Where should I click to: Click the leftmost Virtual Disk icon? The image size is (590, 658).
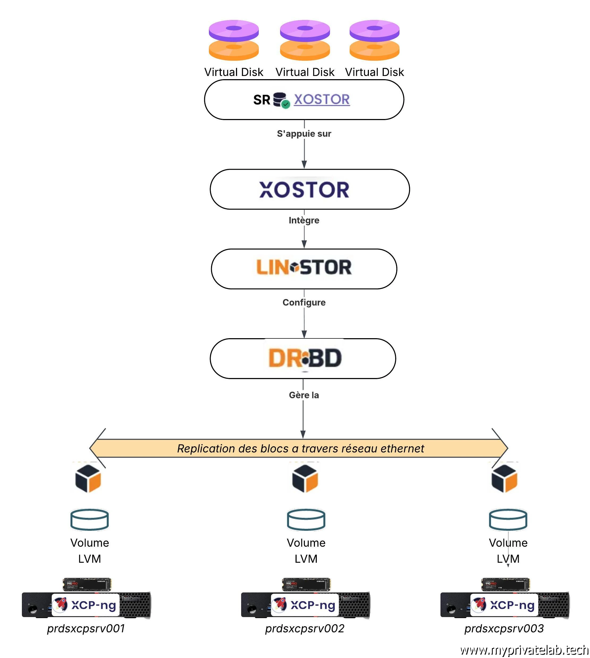(x=233, y=40)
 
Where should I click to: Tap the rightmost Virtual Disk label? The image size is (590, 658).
(x=374, y=72)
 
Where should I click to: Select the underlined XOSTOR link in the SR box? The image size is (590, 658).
(x=322, y=99)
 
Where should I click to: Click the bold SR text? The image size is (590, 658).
(x=262, y=100)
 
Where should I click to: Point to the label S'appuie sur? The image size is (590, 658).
(x=304, y=133)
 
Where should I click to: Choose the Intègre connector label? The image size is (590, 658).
(x=304, y=220)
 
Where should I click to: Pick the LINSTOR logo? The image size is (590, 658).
(x=304, y=268)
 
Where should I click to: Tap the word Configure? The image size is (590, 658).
(x=304, y=302)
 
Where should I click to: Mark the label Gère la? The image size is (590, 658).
(x=304, y=395)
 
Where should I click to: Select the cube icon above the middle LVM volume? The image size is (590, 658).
(x=305, y=478)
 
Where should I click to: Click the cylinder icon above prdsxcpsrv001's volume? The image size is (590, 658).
(x=90, y=519)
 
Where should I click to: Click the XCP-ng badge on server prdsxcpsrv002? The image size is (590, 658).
(x=305, y=605)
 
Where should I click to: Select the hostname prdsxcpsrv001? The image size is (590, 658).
(x=86, y=629)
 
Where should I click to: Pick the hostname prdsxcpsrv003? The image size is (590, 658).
(x=504, y=629)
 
